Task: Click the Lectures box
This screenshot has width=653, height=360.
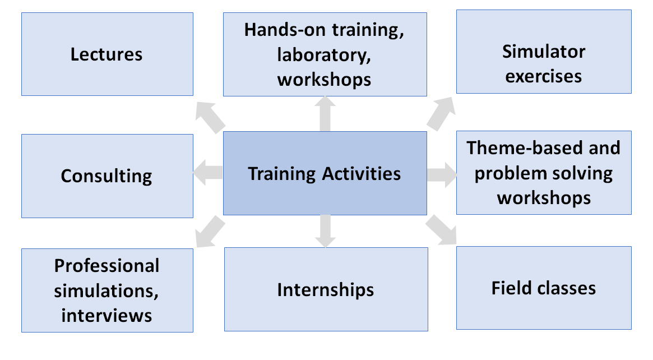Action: click(108, 54)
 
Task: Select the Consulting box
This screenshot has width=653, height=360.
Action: click(108, 176)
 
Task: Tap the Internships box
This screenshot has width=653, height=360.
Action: click(326, 289)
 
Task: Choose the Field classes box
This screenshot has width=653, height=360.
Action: click(544, 288)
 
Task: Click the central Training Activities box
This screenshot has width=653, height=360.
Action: click(325, 173)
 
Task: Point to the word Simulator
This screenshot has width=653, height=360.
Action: click(544, 52)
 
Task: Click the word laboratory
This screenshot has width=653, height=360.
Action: click(324, 56)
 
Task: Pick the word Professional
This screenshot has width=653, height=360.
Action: click(106, 266)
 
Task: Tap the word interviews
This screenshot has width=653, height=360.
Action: click(106, 315)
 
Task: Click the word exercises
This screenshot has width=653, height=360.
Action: click(544, 76)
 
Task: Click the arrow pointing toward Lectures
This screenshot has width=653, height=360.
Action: click(210, 118)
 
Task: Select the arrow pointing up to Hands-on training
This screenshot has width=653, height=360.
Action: click(325, 114)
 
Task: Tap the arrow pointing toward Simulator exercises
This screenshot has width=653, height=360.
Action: click(441, 114)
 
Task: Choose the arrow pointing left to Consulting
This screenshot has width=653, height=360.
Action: click(208, 173)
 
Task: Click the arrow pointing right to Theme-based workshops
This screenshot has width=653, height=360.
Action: click(442, 174)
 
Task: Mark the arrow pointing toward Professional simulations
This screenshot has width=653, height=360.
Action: click(210, 231)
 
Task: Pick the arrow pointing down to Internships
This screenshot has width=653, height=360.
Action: click(325, 231)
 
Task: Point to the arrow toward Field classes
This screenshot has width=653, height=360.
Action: click(441, 230)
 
